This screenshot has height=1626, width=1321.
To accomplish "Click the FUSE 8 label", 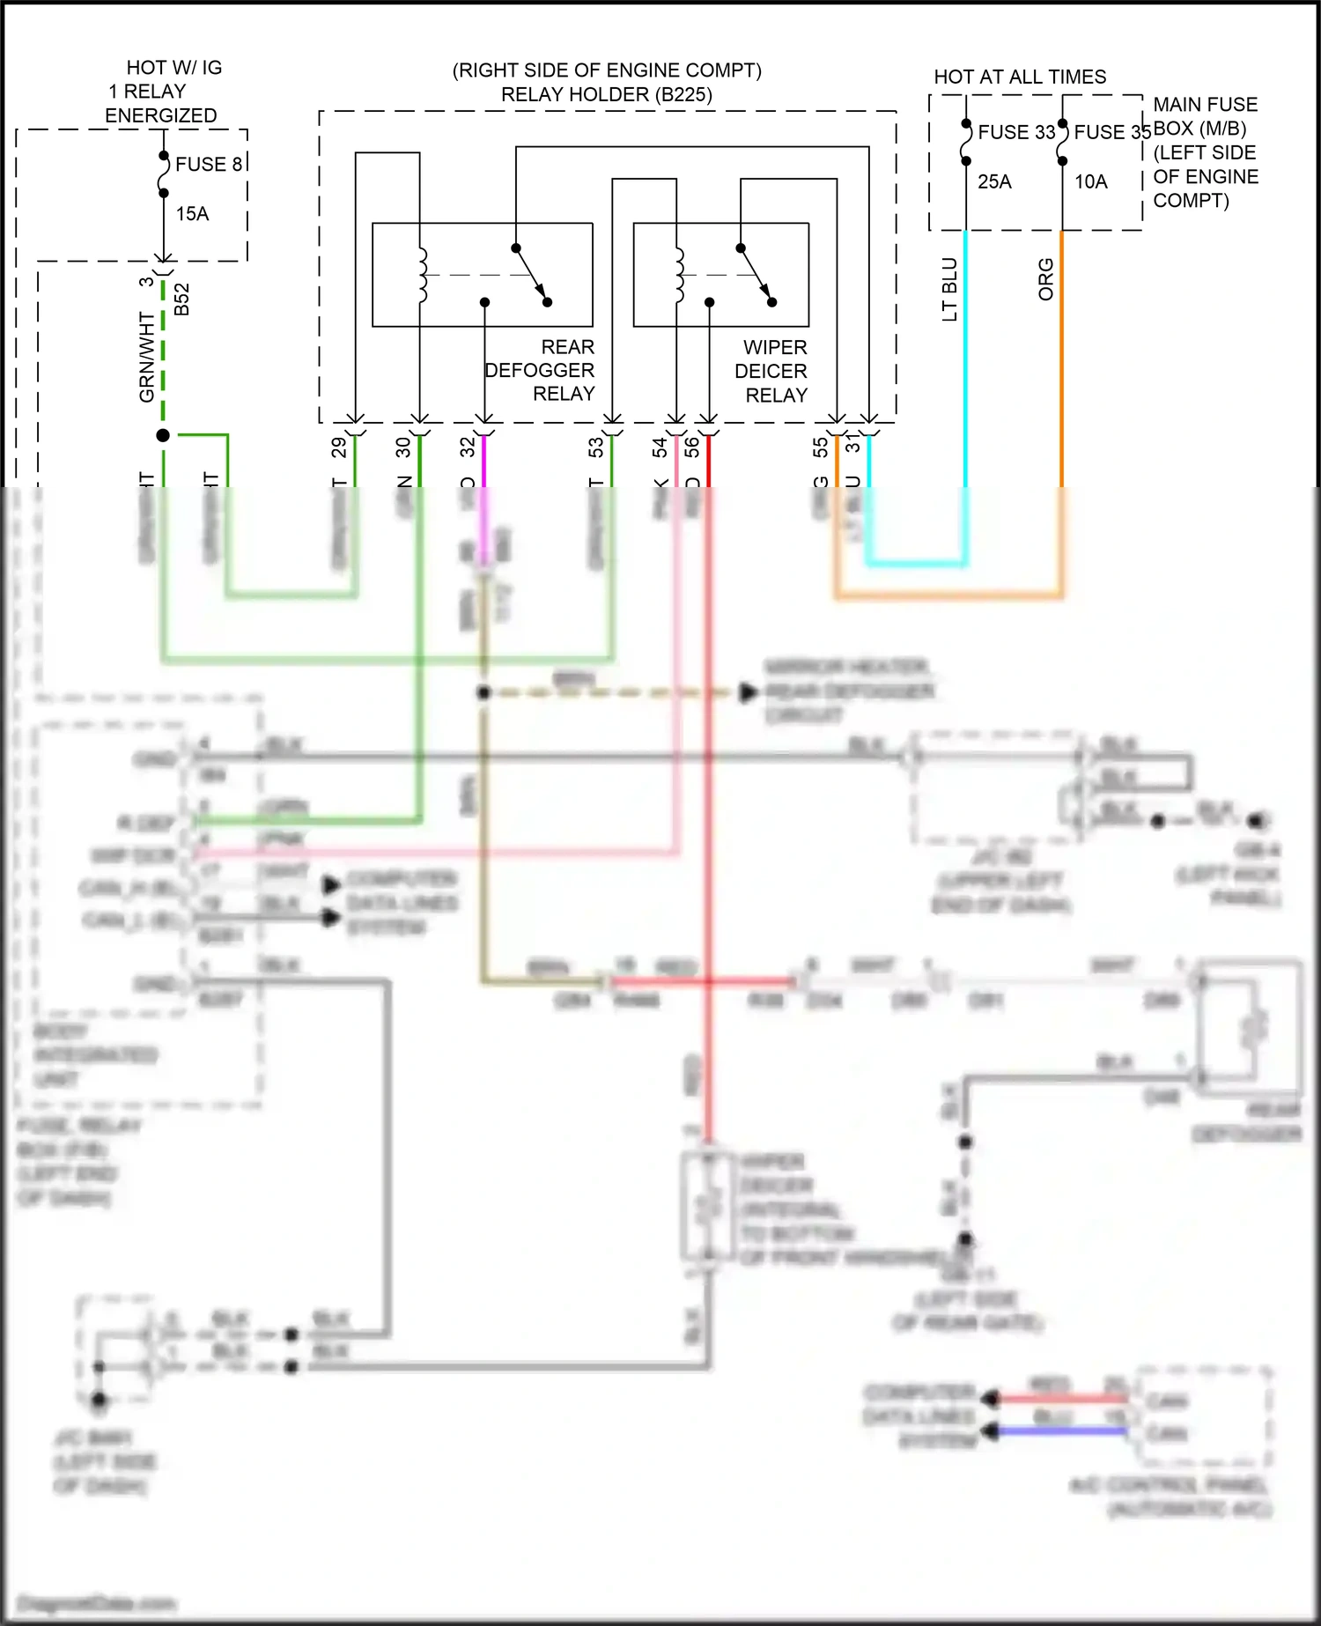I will click(x=208, y=165).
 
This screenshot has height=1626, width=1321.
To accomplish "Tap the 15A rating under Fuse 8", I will click(x=192, y=214).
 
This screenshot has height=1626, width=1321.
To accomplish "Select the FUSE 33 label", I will click(x=1016, y=133).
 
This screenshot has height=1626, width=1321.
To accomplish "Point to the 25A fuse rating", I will click(x=994, y=182).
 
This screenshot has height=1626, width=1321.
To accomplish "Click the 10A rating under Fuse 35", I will click(x=1090, y=182).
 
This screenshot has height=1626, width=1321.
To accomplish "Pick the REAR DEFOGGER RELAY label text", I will click(x=540, y=371).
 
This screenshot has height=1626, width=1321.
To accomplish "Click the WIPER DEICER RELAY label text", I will click(x=771, y=372).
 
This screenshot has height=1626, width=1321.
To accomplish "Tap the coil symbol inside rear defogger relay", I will click(x=422, y=275).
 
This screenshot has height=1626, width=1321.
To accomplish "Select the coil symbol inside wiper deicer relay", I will click(x=679, y=275).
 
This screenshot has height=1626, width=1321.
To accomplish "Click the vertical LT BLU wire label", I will click(x=949, y=289).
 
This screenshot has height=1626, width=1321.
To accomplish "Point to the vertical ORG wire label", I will click(x=1045, y=279).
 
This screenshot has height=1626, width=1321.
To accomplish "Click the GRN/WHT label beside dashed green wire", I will click(x=146, y=357).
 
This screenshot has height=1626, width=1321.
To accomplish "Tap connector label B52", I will click(x=181, y=299).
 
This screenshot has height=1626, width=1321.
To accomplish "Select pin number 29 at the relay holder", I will click(x=339, y=447).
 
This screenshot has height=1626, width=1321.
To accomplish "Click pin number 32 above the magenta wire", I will click(x=468, y=447).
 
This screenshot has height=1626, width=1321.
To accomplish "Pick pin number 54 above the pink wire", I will click(x=660, y=447).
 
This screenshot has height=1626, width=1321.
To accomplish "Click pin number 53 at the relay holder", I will click(x=596, y=447).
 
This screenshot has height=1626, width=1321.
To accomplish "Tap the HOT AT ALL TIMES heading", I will click(x=1020, y=78).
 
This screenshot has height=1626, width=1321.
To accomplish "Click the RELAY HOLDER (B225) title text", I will click(x=607, y=94).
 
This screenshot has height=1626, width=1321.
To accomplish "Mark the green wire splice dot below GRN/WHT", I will click(x=163, y=435).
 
